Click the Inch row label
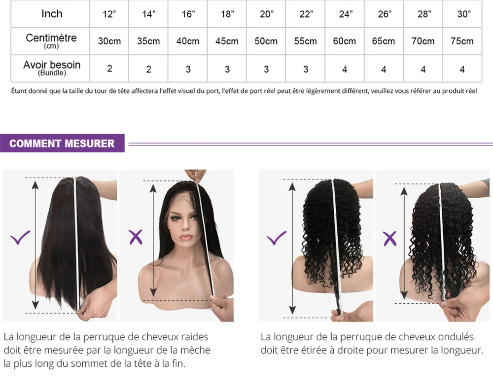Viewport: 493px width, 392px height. [52, 14]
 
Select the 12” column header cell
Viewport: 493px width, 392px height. [109, 14]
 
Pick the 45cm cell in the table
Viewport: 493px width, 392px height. [227, 41]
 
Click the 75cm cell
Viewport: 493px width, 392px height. [462, 41]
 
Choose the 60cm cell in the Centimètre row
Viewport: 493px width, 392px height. [345, 41]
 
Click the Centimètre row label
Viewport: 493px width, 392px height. [51, 38]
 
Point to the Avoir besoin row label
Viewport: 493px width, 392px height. [52, 65]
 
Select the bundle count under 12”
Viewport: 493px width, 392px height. [109, 69]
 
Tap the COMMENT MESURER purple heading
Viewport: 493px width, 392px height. [62, 143]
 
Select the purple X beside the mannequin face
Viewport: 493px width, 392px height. [136, 238]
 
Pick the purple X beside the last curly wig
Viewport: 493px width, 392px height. [390, 239]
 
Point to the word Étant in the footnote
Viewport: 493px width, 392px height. [19, 91]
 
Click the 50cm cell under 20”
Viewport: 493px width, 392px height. [266, 41]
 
